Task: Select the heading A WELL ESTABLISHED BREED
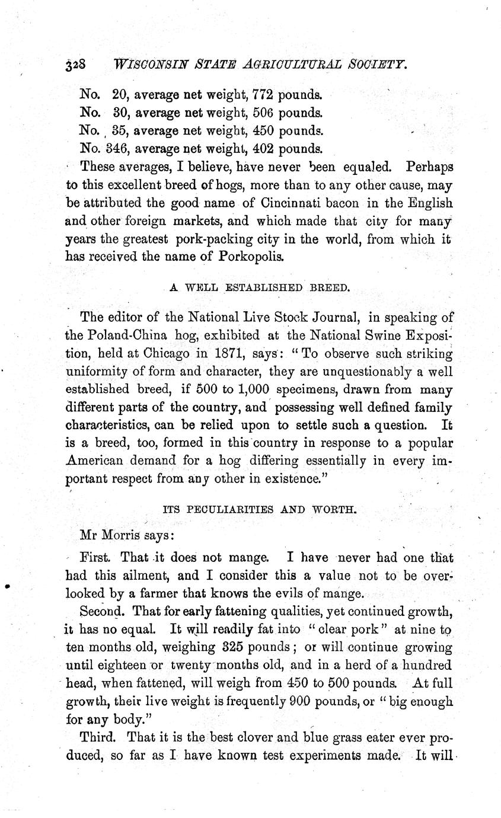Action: click(260, 288)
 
